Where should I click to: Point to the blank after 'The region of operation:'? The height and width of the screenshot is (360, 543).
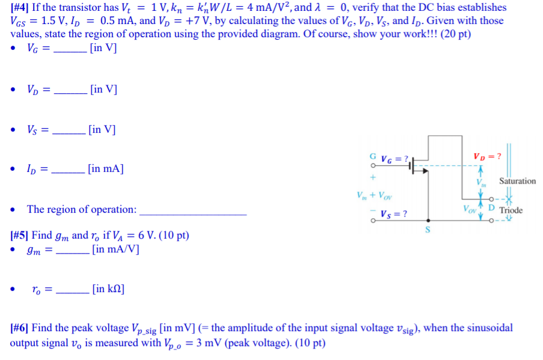pyautogui.click(x=192, y=210)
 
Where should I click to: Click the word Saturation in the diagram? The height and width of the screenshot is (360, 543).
pyautogui.click(x=517, y=181)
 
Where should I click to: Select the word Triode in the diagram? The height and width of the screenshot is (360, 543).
pyautogui.click(x=511, y=210)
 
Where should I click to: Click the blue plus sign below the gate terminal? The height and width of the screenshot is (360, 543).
pyautogui.click(x=373, y=178)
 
